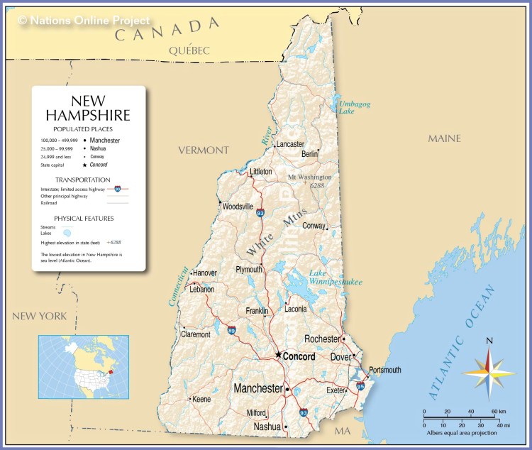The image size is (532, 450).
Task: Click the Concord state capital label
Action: click(x=299, y=356)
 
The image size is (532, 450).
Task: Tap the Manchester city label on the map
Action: click(x=258, y=389)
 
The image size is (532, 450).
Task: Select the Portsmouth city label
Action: click(x=384, y=370)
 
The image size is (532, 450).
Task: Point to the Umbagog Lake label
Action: click(x=354, y=107)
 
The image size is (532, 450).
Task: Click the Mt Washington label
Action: click(x=309, y=177)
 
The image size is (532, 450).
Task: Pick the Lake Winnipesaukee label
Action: click(x=336, y=278)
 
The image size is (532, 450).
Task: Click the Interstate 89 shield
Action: click(x=233, y=330)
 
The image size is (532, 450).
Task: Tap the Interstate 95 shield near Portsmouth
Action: click(x=360, y=386)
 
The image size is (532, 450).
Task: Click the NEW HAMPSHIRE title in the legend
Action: click(x=88, y=108)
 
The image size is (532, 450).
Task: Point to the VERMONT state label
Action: click(x=204, y=150)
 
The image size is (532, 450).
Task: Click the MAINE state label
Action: click(x=444, y=138)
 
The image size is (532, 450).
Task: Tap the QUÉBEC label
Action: click(x=189, y=50)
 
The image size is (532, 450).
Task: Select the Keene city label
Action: click(x=201, y=399)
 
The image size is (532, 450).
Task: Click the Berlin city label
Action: click(x=310, y=153)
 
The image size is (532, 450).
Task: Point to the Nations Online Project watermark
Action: click(x=84, y=21)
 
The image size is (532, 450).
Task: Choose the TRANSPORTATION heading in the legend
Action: click(x=83, y=180)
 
